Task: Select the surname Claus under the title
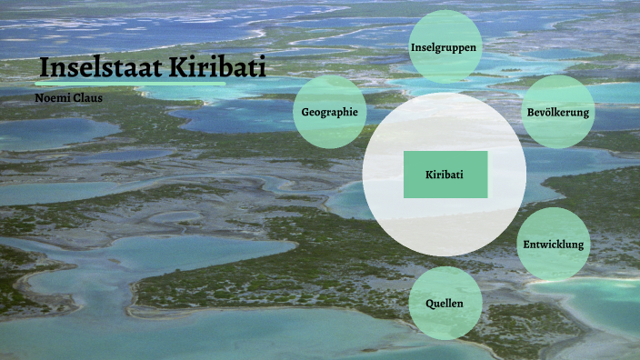pyautogui.click(x=87, y=95)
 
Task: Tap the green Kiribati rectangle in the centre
pyautogui.click(x=445, y=175)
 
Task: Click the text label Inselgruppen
pyautogui.click(x=445, y=46)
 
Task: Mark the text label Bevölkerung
pyautogui.click(x=558, y=113)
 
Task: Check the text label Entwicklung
pyautogui.click(x=554, y=245)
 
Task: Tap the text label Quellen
pyautogui.click(x=445, y=303)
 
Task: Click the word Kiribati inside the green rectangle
pyautogui.click(x=445, y=175)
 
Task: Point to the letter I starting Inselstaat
pyautogui.click(x=45, y=68)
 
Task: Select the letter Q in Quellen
pyautogui.click(x=429, y=303)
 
